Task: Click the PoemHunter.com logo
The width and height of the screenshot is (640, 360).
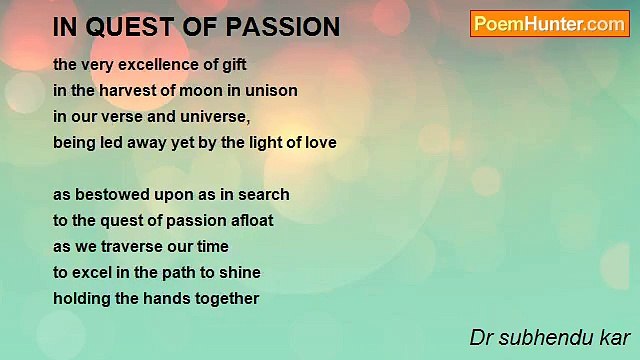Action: [549, 24]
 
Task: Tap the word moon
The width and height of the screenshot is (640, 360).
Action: [196, 89]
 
